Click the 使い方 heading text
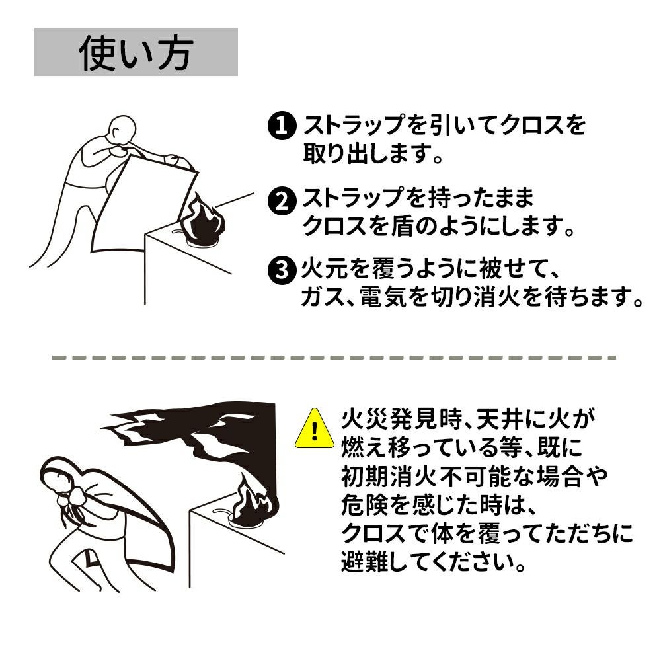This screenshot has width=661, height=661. (136, 52)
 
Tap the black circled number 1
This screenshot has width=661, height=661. (282, 125)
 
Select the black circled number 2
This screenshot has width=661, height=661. (282, 200)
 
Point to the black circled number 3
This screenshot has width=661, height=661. (282, 270)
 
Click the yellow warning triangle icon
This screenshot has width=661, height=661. (315, 429)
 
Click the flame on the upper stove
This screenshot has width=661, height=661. (202, 221)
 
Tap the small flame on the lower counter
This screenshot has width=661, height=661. (254, 504)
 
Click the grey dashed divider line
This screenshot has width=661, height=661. (334, 358)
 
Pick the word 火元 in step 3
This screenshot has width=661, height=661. (325, 269)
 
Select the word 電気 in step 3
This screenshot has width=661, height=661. (383, 297)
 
